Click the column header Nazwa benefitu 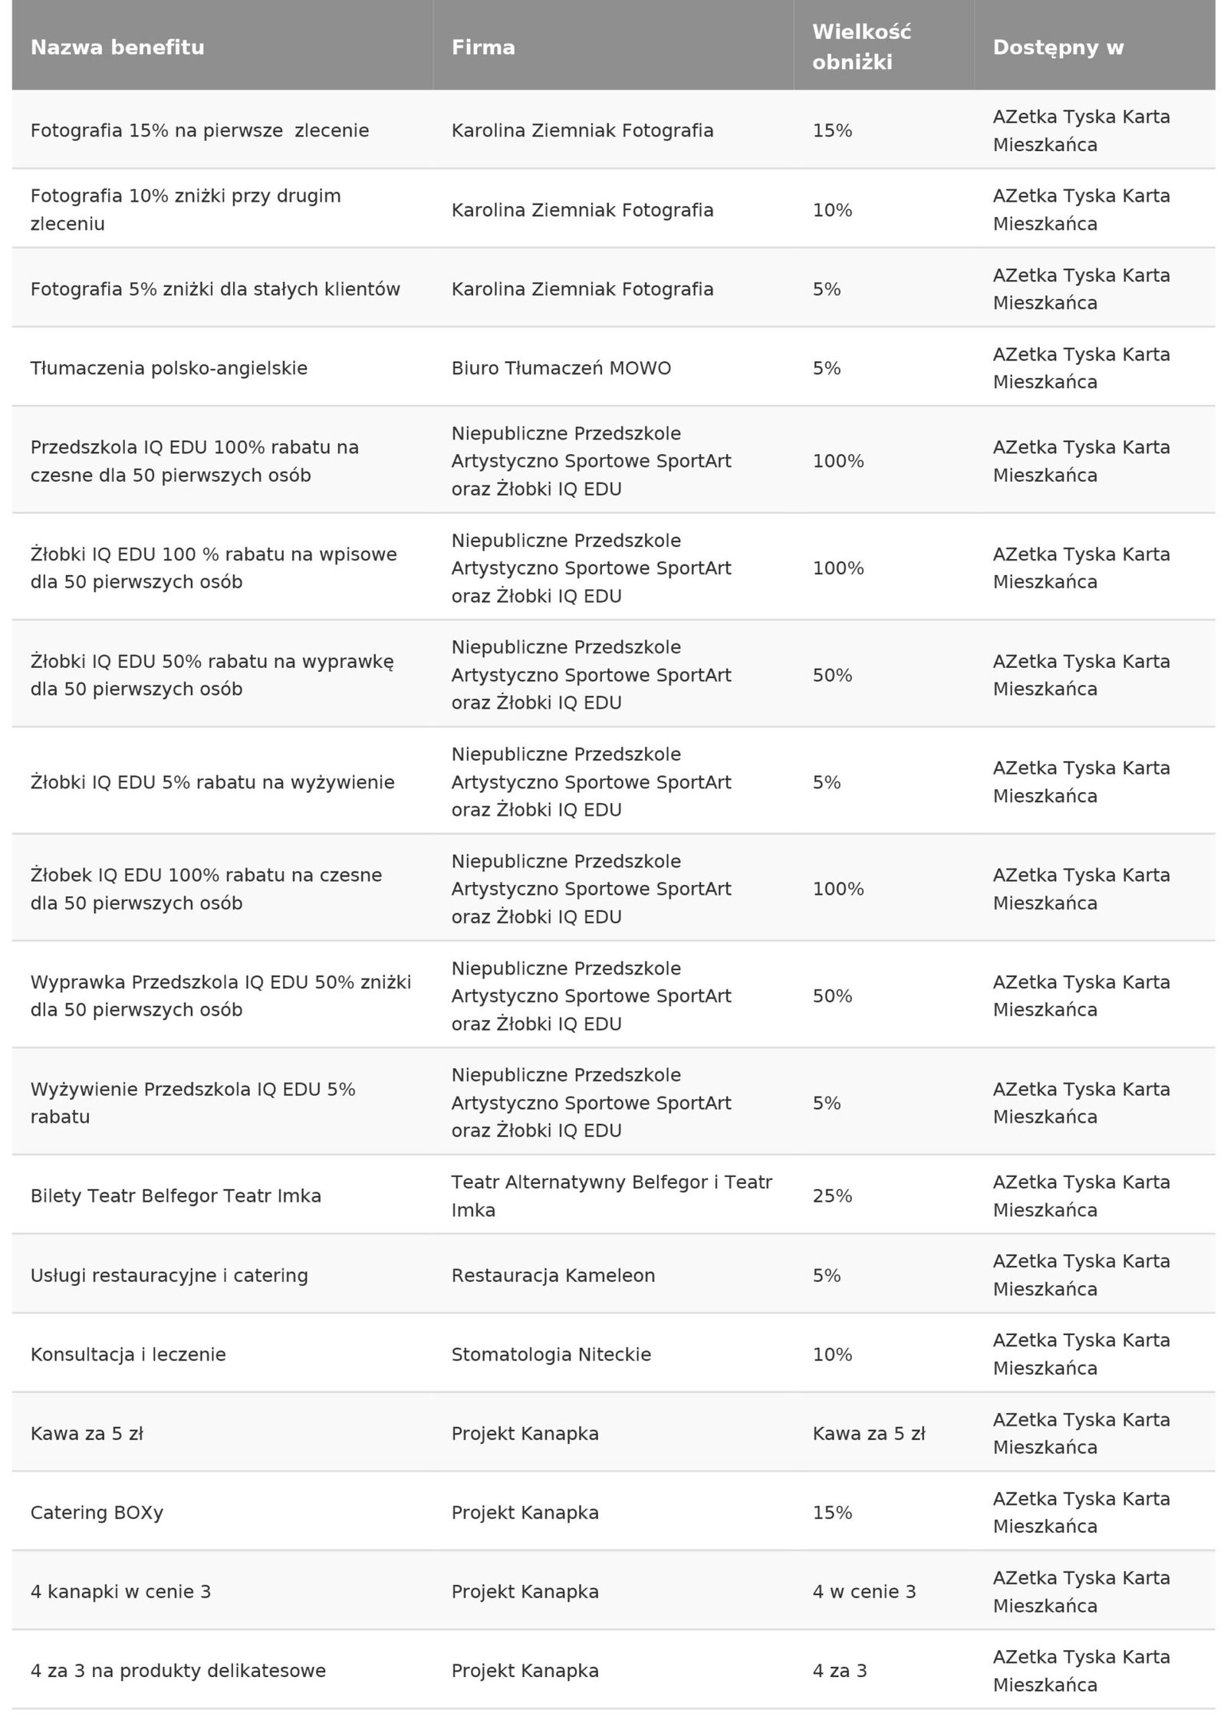[x=117, y=48]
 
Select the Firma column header [x=483, y=48]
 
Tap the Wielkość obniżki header [x=861, y=48]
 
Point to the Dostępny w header [x=1058, y=48]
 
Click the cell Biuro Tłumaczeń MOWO [x=561, y=369]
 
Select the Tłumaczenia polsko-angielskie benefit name [x=169, y=369]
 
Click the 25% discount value [x=832, y=1196]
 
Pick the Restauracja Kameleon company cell [x=553, y=1275]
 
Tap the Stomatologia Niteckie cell [x=551, y=1354]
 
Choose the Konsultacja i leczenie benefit [x=128, y=1354]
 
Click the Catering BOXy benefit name [x=97, y=1512]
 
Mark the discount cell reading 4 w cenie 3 [x=864, y=1591]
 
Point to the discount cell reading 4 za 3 [x=840, y=1670]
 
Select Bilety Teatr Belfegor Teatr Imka [x=176, y=1196]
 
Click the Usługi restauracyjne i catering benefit [x=169, y=1275]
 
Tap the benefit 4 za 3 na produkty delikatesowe [x=178, y=1670]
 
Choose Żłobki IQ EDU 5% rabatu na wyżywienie [x=212, y=782]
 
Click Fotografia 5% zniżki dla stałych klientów [x=215, y=289]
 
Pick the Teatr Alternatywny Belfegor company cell [x=611, y=1196]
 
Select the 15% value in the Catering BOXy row [x=832, y=1512]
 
